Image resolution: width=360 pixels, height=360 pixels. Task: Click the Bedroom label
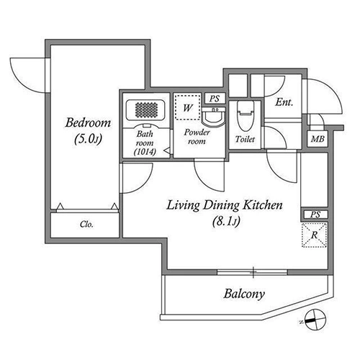[x=88, y=122]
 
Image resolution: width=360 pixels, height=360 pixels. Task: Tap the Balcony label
[x=244, y=294]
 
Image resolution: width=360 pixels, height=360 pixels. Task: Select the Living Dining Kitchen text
[x=225, y=205]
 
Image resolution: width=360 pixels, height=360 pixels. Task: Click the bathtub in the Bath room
[x=146, y=110]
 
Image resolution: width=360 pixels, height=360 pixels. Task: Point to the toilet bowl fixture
[x=245, y=116]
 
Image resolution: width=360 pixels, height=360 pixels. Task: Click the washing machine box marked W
[x=187, y=107]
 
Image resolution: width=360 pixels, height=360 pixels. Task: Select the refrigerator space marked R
[x=314, y=235]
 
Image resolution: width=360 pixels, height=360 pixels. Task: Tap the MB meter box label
[x=318, y=139]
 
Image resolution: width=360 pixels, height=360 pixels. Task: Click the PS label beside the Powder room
[x=215, y=99]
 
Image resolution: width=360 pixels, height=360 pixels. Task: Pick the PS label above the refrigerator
[x=315, y=215]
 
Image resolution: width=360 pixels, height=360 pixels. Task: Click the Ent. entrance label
[x=284, y=102]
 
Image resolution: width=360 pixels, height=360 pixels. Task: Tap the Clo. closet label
[x=86, y=225]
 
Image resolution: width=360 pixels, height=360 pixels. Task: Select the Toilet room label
[x=245, y=139]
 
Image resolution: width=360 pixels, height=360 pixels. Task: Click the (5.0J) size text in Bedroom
[x=88, y=139]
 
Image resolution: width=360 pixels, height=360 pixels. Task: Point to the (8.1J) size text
[x=226, y=222]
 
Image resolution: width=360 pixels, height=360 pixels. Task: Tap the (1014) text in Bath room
[x=145, y=152]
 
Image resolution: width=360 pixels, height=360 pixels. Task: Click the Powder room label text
[x=197, y=137]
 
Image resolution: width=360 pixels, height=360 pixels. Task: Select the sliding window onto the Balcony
[x=252, y=272]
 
